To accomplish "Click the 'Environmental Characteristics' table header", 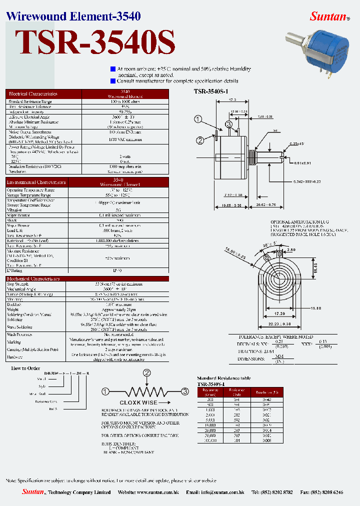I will (x=36, y=182).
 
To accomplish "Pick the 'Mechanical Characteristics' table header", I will (x=33, y=278).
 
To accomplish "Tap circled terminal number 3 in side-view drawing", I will (x=228, y=124).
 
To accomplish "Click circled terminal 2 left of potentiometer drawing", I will (x=199, y=140).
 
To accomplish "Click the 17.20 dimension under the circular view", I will (x=279, y=313).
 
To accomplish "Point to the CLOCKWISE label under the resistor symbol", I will (x=138, y=402).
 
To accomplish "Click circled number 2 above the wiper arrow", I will (x=147, y=372).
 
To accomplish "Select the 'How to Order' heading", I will (x=25, y=367).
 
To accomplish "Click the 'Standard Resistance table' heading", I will (x=223, y=378).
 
